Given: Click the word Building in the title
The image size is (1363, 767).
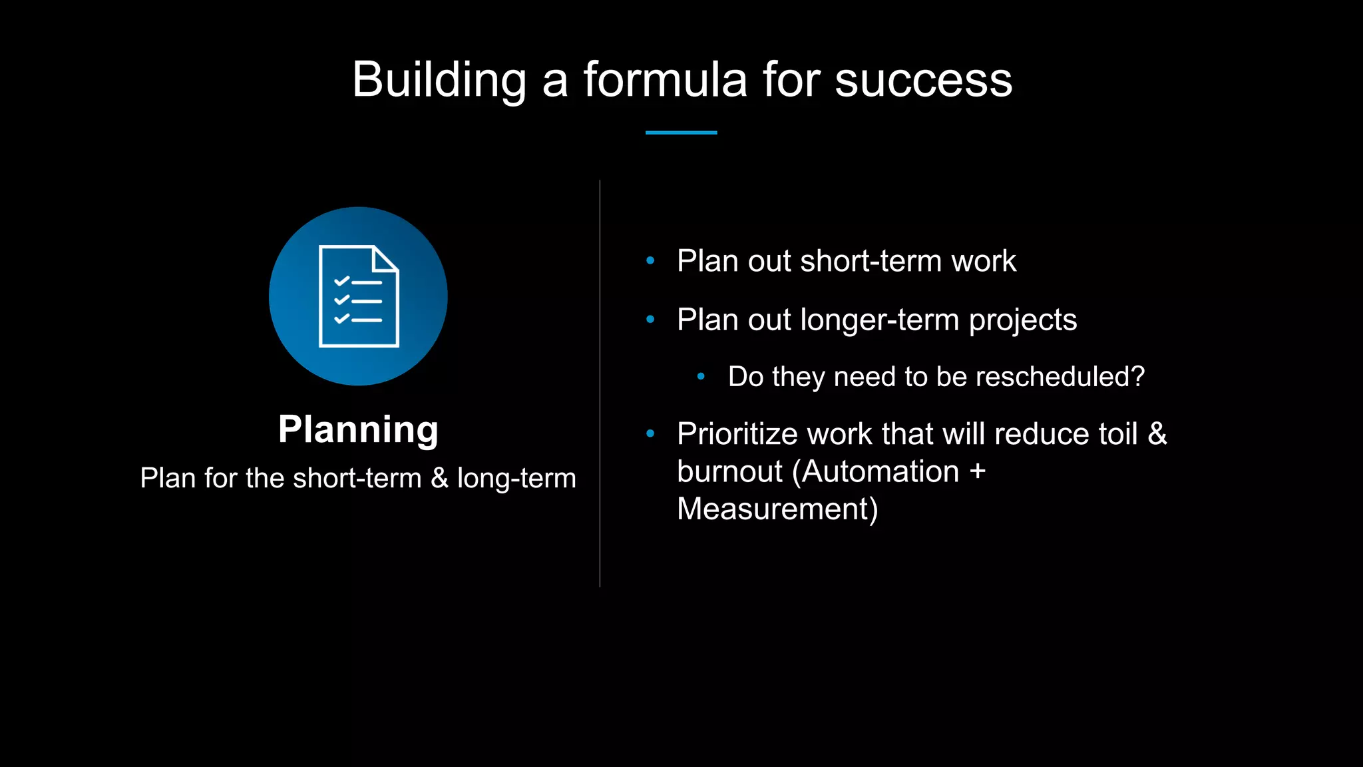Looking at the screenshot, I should [439, 80].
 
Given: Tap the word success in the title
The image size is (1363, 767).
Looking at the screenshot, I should [923, 80].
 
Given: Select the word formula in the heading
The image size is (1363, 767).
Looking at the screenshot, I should [665, 80].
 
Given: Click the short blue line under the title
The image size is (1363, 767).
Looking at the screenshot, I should [681, 132].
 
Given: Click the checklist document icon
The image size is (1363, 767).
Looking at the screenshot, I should [359, 297].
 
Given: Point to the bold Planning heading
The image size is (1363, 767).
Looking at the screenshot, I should [358, 429].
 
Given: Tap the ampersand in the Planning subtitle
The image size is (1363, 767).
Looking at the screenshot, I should [439, 478].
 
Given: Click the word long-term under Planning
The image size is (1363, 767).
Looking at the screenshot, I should [516, 478].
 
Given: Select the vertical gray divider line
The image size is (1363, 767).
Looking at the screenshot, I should [600, 383].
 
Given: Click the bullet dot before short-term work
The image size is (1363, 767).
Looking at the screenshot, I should [650, 260].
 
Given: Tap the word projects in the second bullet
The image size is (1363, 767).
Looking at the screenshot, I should [1022, 320].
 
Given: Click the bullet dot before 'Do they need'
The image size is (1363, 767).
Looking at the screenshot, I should [701, 376].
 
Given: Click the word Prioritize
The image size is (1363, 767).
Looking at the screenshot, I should [737, 434].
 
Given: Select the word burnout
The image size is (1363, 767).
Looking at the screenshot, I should [729, 471].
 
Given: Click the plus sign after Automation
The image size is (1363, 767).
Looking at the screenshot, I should [977, 471].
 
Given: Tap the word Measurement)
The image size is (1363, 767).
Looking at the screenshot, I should [777, 509].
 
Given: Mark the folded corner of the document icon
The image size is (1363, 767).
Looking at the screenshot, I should [385, 258].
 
